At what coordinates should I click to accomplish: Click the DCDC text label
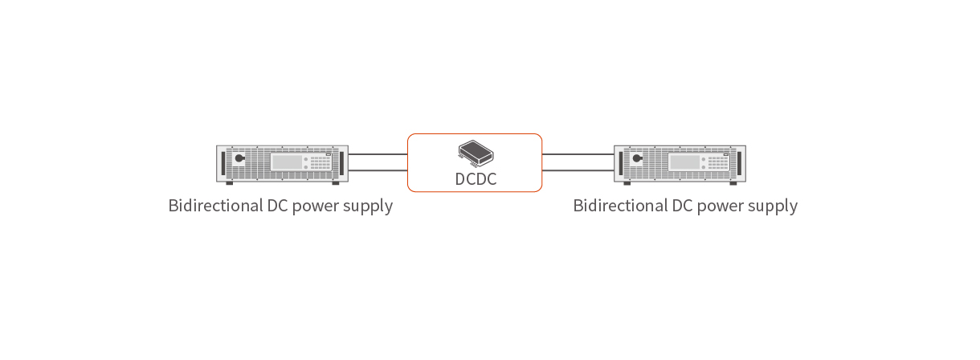(x=476, y=179)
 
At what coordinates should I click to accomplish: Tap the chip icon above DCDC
(x=476, y=151)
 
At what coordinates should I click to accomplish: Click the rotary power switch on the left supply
(x=239, y=159)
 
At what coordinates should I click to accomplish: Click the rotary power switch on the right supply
(x=637, y=159)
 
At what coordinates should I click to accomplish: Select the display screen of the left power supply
(x=287, y=162)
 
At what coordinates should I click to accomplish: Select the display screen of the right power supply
(x=684, y=162)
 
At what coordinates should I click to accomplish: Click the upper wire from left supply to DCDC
(x=378, y=154)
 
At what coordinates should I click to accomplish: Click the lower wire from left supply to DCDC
(x=378, y=171)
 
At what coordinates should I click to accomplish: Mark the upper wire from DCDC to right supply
(x=578, y=154)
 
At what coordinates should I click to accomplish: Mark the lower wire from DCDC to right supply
(x=578, y=171)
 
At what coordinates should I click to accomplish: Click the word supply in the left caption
(x=369, y=207)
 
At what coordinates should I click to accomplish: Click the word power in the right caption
(x=721, y=207)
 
